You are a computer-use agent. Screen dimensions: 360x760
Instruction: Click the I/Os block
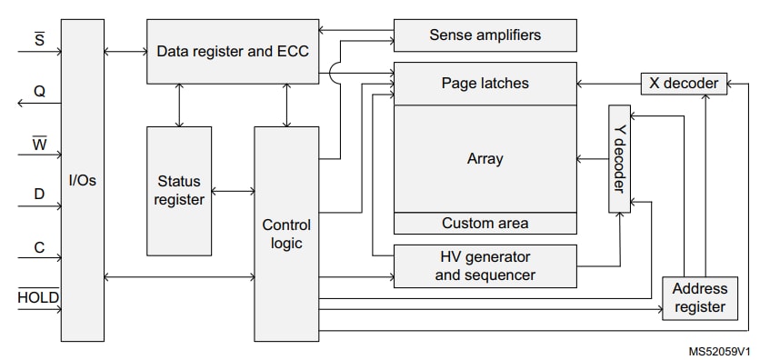click(82, 181)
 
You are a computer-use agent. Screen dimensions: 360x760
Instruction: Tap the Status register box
click(179, 190)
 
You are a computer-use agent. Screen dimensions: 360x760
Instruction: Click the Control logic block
click(285, 234)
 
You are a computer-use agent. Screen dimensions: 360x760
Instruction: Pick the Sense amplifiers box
click(485, 35)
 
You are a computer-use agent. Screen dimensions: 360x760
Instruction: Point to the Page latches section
click(485, 84)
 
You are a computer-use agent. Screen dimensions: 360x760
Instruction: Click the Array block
click(485, 159)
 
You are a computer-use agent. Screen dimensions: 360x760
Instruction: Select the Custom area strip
click(485, 223)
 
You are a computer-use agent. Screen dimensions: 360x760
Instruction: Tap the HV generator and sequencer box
click(485, 265)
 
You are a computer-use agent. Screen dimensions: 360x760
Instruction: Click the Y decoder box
click(619, 159)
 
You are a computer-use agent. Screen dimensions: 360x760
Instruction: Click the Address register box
click(699, 298)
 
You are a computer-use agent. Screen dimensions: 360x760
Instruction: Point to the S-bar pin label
click(39, 40)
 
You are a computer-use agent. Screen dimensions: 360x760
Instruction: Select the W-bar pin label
click(39, 143)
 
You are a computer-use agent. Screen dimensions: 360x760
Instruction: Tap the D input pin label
click(39, 194)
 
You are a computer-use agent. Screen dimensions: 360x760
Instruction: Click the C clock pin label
click(39, 246)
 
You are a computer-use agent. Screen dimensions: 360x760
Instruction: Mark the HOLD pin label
click(39, 297)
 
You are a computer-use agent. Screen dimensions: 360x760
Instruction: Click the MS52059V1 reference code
click(719, 350)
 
